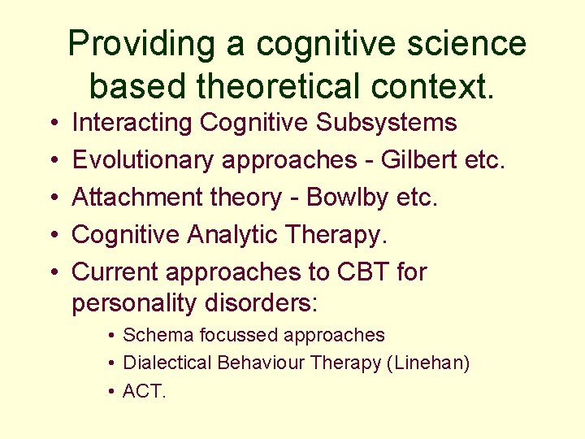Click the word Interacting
(132, 123)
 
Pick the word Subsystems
(387, 123)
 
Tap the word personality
(131, 303)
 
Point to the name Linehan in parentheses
(430, 363)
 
